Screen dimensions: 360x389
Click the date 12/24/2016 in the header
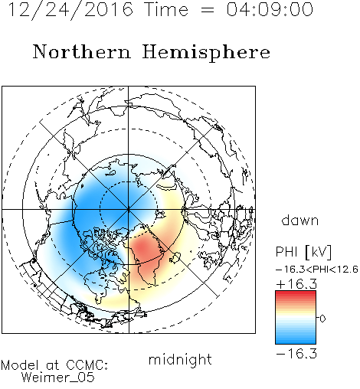click(70, 10)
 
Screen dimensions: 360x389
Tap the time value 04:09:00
click(270, 9)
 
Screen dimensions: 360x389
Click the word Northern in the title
click(82, 51)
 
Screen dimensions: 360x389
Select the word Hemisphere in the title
click(206, 53)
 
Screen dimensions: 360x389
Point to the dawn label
click(300, 220)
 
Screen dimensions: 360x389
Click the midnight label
click(180, 360)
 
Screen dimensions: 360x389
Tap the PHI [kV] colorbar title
click(303, 252)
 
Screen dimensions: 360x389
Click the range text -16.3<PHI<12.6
click(317, 270)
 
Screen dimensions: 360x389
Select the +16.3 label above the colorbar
click(296, 284)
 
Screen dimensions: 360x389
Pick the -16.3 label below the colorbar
click(296, 354)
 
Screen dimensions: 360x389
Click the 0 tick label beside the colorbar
click(322, 319)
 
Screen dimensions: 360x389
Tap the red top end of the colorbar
click(296, 293)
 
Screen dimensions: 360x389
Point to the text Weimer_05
click(58, 378)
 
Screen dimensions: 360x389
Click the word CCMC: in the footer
click(87, 365)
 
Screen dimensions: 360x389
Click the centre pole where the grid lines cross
click(129, 210)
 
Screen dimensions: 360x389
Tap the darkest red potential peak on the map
click(142, 247)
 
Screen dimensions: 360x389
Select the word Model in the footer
click(20, 365)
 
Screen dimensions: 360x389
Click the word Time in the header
click(166, 9)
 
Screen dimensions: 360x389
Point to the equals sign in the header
click(208, 10)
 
